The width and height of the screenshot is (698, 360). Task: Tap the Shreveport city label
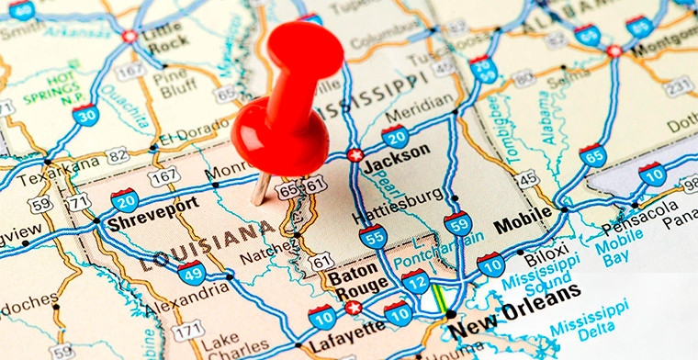tap(152, 203)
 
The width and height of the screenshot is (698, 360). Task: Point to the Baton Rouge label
tap(355, 283)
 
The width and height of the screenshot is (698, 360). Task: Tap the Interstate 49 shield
tap(191, 272)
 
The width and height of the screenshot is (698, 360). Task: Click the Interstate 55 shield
tap(373, 237)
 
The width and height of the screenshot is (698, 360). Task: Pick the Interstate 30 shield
tap(86, 114)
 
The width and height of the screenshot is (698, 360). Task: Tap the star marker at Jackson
tap(355, 154)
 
